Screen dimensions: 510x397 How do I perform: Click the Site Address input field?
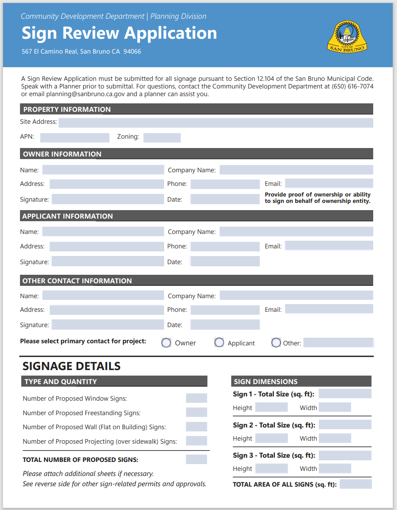pos(216,123)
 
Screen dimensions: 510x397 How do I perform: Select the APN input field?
pos(74,137)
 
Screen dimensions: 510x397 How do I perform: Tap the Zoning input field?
pos(162,137)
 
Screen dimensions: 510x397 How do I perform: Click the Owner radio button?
pos(166,343)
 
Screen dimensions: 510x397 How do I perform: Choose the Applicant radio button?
pos(219,343)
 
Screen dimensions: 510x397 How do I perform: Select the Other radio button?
pos(276,343)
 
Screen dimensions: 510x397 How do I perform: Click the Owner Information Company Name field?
pos(296,170)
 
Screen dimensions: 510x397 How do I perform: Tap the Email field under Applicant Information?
pos(329,246)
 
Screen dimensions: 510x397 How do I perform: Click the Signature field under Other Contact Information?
pos(108,325)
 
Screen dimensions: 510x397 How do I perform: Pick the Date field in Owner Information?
pos(224,199)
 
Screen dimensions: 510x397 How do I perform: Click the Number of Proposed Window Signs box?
pos(196,399)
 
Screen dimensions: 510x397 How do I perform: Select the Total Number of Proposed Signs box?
pos(196,459)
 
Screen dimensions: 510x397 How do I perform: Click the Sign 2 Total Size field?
pos(345,425)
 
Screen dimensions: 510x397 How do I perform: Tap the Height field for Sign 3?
pos(271,469)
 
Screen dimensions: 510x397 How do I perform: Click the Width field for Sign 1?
pos(335,407)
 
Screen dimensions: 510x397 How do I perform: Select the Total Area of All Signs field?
pos(355,484)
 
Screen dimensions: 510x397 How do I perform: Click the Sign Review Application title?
pos(119,33)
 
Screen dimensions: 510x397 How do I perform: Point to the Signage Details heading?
pos(71,366)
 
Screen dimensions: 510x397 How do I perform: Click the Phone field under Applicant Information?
pos(224,246)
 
